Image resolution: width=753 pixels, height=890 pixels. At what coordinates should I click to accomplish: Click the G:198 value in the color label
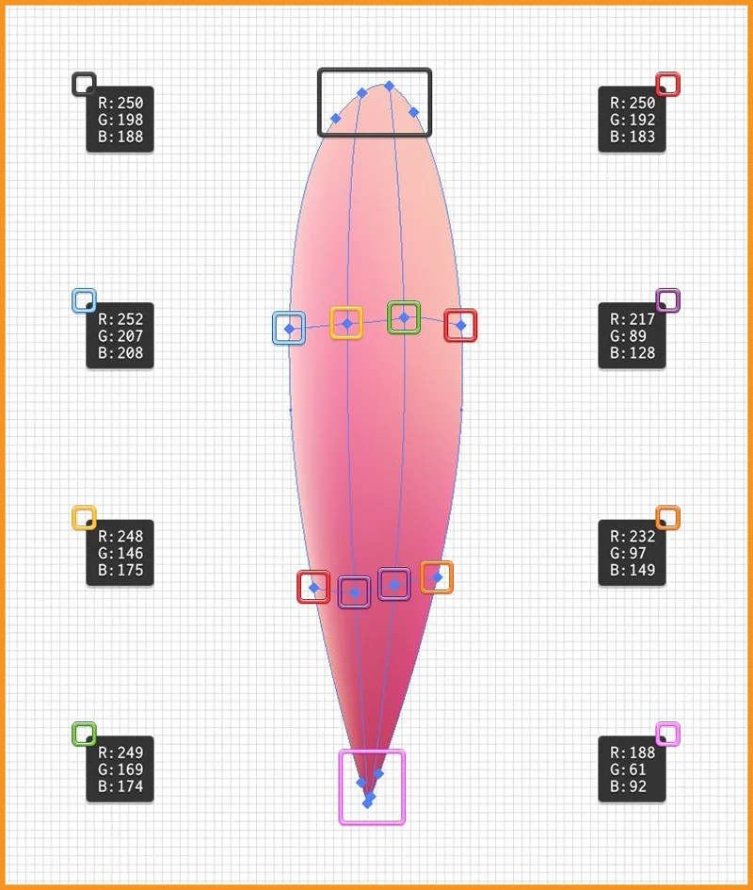point(120,120)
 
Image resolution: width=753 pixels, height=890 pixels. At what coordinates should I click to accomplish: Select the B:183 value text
point(633,137)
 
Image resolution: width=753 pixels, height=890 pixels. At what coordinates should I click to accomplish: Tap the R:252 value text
point(120,319)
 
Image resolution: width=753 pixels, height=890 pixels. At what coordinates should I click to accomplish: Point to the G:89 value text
point(628,336)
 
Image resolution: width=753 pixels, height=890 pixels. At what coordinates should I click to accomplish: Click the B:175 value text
point(120,570)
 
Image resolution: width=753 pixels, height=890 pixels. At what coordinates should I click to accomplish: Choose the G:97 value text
point(628,553)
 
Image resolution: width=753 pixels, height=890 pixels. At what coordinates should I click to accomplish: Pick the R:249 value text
point(120,752)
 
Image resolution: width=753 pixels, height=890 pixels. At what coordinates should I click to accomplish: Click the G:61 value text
point(628,769)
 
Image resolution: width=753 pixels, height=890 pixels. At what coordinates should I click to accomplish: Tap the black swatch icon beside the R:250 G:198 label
point(84,84)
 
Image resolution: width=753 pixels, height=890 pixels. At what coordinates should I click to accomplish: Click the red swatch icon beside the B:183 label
point(668,84)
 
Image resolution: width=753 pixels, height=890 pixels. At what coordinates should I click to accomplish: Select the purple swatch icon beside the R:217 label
point(668,300)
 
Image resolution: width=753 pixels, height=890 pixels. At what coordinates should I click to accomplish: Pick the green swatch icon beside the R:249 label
point(84,734)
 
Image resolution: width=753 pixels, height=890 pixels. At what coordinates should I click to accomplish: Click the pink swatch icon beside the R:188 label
point(668,734)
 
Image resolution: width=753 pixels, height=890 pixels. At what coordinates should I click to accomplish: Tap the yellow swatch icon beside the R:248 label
point(84,518)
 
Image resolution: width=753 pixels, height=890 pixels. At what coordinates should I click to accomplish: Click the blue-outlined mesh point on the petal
point(289,328)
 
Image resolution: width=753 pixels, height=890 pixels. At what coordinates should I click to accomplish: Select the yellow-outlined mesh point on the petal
point(346,323)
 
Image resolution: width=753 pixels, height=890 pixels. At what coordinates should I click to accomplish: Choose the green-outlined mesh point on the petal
point(404,318)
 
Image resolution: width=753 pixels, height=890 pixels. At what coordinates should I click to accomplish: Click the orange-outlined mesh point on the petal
point(437,577)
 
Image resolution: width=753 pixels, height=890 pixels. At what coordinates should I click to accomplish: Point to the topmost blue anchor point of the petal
point(389,86)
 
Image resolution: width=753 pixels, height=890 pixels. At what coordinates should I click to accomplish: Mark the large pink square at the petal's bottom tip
point(372,786)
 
